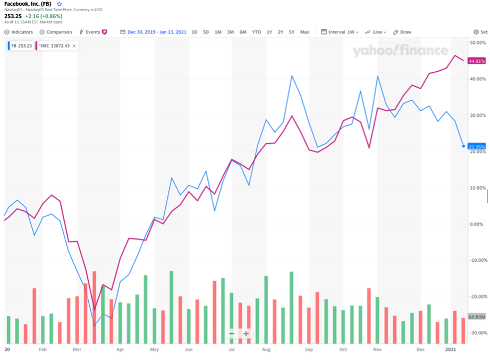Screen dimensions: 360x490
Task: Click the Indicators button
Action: (19, 32)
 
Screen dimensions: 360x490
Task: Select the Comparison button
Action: (56, 32)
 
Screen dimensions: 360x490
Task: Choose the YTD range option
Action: (256, 32)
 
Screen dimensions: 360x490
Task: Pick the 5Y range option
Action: (292, 32)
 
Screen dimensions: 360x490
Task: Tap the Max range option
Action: (305, 32)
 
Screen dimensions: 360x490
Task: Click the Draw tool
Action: (402, 32)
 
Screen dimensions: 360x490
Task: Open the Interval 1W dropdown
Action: (340, 32)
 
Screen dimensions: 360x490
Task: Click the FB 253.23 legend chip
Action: (20, 46)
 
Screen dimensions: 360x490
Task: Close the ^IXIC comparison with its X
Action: (74, 46)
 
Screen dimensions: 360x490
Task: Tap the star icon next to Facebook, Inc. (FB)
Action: (60, 4)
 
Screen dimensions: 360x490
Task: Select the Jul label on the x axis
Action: (232, 350)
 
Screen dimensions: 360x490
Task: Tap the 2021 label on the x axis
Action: (451, 350)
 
